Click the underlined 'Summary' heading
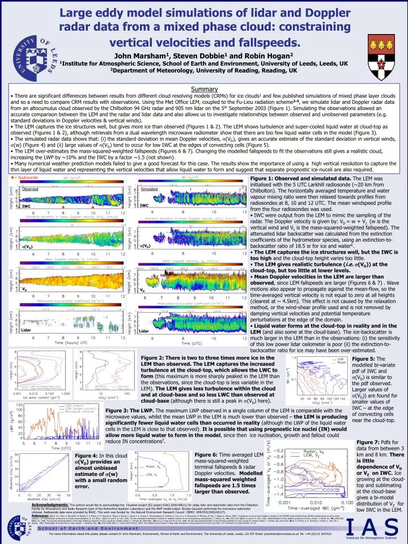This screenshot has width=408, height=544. tap(203, 88)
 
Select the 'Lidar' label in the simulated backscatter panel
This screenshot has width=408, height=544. tap(143, 331)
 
